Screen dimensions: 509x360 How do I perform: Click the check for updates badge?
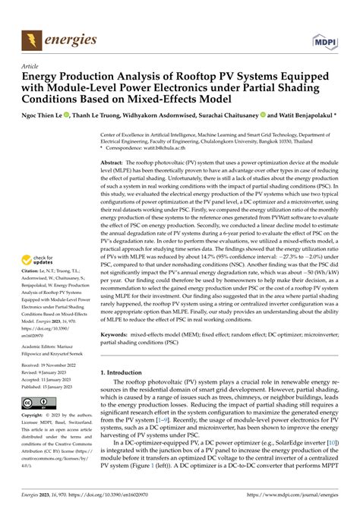(42, 240)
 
